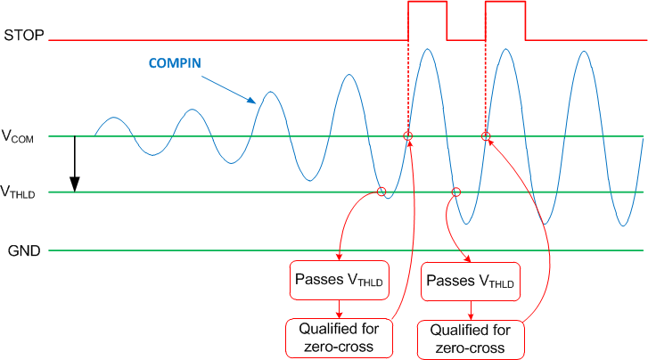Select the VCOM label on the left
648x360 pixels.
click(x=19, y=137)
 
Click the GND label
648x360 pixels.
click(x=21, y=250)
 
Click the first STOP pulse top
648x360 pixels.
click(x=427, y=3)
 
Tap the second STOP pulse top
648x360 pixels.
click(x=504, y=3)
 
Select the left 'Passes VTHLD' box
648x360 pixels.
click(x=340, y=280)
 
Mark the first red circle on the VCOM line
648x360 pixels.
click(x=408, y=136)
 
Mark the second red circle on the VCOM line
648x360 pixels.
click(x=486, y=136)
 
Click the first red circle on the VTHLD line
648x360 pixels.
click(x=381, y=192)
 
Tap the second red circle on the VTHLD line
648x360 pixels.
click(x=456, y=192)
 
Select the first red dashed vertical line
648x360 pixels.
click(x=408, y=85)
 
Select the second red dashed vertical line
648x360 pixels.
click(x=485, y=85)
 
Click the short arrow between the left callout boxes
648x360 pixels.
click(x=340, y=307)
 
